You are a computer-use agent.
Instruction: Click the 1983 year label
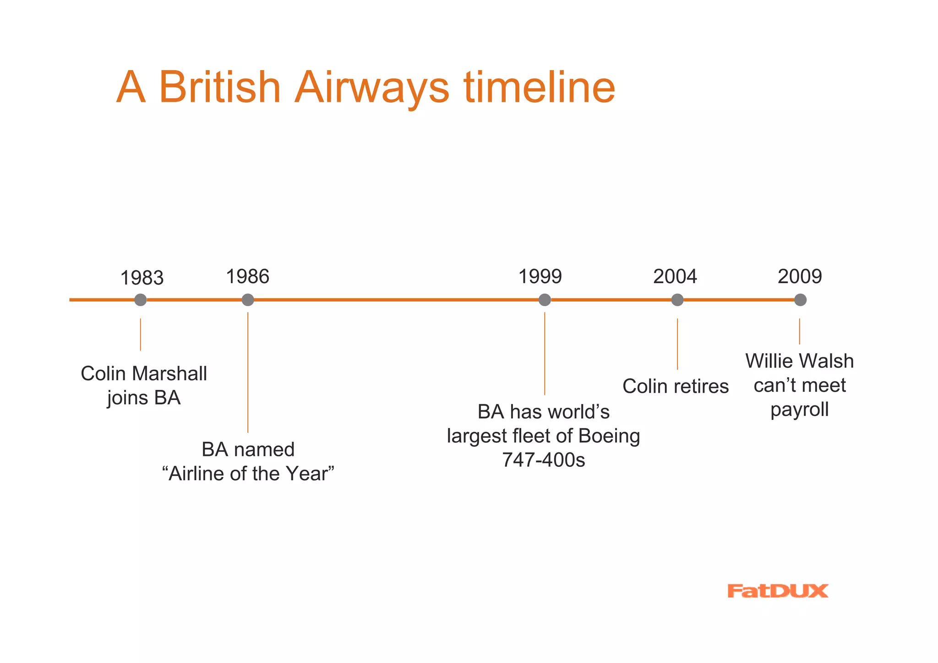(x=142, y=278)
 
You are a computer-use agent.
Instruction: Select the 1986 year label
(x=248, y=277)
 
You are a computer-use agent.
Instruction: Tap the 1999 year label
(x=540, y=277)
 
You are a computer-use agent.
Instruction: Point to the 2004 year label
(x=675, y=277)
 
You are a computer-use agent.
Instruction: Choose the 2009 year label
(x=800, y=277)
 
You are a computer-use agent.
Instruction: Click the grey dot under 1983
(x=141, y=300)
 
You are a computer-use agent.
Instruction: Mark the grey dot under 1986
(x=248, y=300)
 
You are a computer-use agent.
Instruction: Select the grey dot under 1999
(x=545, y=300)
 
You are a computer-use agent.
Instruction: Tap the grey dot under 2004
(x=677, y=300)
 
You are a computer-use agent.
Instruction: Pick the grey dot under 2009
(x=800, y=300)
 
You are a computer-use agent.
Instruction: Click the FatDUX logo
(x=777, y=591)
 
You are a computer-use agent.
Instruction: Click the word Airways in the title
(x=371, y=88)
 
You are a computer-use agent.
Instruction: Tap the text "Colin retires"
(x=676, y=386)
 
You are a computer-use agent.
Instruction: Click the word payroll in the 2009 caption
(x=800, y=410)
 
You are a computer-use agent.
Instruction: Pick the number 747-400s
(x=544, y=460)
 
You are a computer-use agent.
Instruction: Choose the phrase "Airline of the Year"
(x=248, y=474)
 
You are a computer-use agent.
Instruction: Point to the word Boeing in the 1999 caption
(x=609, y=436)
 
